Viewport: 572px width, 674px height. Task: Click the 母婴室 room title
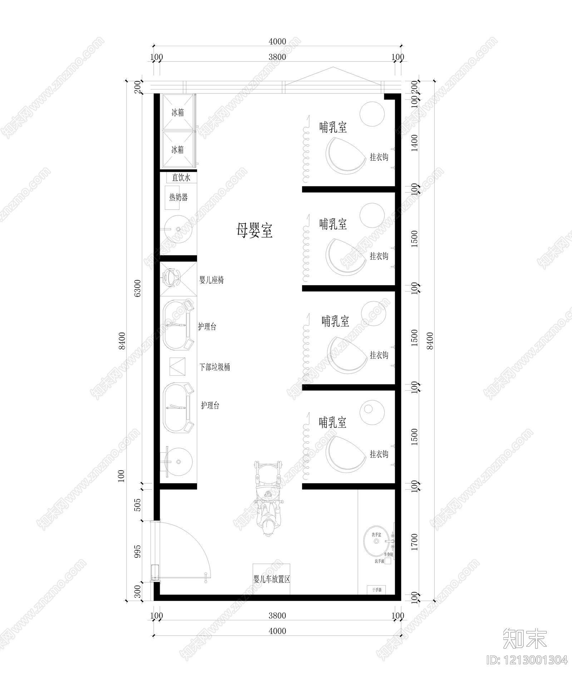pos(254,230)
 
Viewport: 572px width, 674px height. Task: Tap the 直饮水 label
pos(181,178)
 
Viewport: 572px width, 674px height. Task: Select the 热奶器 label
pos(178,197)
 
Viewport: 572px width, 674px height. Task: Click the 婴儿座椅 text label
pos(212,280)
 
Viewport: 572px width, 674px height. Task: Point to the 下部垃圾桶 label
pos(214,367)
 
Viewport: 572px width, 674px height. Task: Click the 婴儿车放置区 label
pos(272,579)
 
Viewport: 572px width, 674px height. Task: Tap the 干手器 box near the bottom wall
pos(377,590)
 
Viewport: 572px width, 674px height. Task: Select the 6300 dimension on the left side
pos(138,288)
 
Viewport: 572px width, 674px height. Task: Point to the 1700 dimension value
pos(415,542)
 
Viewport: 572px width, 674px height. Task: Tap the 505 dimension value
pos(138,505)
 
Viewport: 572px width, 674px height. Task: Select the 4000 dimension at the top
pos(277,41)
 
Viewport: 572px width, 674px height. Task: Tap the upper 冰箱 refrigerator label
pos(178,113)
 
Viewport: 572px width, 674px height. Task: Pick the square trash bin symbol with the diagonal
pos(177,366)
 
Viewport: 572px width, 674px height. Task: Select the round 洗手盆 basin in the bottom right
pos(376,541)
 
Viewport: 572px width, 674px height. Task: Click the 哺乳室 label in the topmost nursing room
pos(333,127)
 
